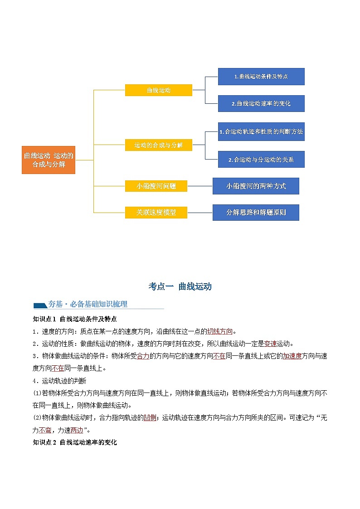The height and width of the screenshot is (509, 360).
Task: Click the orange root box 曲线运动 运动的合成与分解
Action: pyautogui.click(x=49, y=160)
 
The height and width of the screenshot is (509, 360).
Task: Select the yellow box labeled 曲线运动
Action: pyautogui.click(x=159, y=90)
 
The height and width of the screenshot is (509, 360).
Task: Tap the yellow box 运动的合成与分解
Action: pyautogui.click(x=159, y=145)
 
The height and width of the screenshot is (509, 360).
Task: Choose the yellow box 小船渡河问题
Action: pyautogui.click(x=156, y=186)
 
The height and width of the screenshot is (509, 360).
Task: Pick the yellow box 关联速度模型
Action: pyautogui.click(x=156, y=212)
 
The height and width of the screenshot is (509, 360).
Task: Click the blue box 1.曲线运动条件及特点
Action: pyautogui.click(x=261, y=77)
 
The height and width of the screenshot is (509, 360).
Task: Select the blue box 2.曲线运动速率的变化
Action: pyautogui.click(x=261, y=103)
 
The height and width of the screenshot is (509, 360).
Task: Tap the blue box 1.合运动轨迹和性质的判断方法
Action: pyautogui.click(x=261, y=131)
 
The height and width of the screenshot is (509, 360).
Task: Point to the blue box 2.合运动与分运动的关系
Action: pyautogui.click(x=261, y=159)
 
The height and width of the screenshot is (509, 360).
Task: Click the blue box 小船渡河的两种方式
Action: pyautogui.click(x=256, y=186)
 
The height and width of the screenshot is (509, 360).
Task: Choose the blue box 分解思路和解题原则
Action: pyautogui.click(x=256, y=212)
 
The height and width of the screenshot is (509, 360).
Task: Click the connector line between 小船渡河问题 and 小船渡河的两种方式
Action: pyautogui.click(x=200, y=186)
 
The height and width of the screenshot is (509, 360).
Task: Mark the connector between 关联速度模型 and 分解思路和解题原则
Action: pyautogui.click(x=200, y=212)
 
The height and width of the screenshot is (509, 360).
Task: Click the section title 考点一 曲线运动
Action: pyautogui.click(x=180, y=286)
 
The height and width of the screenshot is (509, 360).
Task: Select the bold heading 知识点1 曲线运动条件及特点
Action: pyautogui.click(x=75, y=319)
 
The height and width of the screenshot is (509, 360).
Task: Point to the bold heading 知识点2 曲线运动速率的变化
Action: pyautogui.click(x=75, y=442)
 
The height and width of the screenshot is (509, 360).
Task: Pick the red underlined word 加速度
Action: pyautogui.click(x=292, y=356)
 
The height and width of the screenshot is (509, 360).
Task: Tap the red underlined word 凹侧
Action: pyautogui.click(x=150, y=417)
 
